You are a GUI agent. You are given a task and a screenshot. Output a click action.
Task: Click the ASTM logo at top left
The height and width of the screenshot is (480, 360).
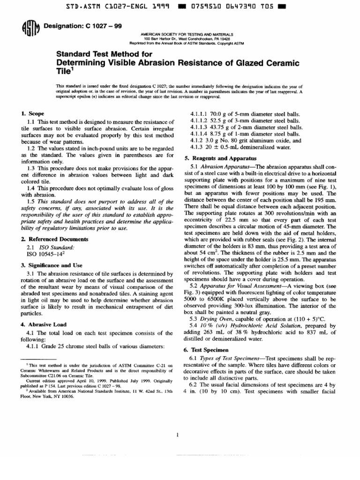pos(30,29)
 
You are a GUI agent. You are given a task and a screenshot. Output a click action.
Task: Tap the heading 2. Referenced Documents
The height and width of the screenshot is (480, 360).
pos(48,239)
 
